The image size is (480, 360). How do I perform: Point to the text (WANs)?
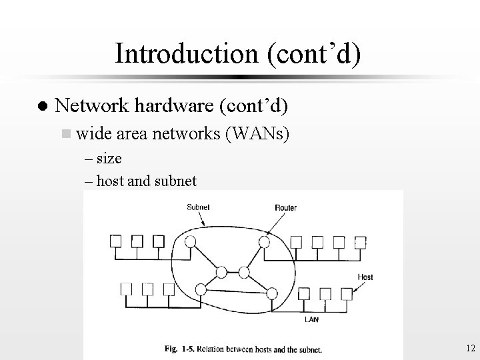click(258, 135)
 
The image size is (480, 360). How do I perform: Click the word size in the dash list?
click(109, 160)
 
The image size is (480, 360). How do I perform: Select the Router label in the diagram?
click(285, 207)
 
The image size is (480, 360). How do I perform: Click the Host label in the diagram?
click(366, 277)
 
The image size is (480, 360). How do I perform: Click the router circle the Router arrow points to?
click(265, 241)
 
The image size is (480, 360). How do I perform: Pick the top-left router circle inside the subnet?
click(191, 241)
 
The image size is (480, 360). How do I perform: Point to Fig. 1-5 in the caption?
click(179, 347)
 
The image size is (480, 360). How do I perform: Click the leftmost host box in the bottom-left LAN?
click(125, 289)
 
